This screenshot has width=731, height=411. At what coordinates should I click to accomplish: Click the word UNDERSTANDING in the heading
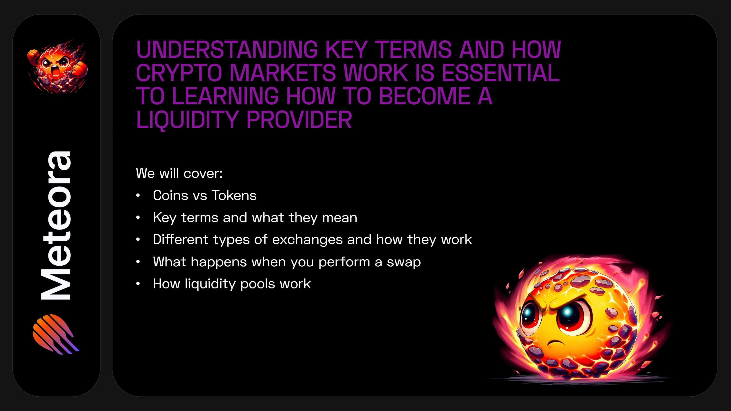click(227, 50)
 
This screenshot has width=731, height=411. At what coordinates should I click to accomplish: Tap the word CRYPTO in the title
click(179, 73)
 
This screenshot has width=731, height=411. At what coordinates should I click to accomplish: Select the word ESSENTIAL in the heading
click(501, 73)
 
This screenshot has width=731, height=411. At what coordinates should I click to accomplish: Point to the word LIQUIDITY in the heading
click(187, 120)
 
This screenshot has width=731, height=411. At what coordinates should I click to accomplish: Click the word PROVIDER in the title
click(299, 120)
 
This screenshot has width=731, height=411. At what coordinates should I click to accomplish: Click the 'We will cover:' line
click(179, 173)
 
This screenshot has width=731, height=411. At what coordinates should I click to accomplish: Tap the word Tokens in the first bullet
click(234, 195)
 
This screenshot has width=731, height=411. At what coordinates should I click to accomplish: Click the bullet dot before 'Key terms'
click(138, 218)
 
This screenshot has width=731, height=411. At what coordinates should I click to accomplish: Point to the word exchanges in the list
click(307, 240)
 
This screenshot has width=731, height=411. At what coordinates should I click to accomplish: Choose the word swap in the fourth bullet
click(404, 262)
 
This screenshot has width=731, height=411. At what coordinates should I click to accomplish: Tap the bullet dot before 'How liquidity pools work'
click(138, 284)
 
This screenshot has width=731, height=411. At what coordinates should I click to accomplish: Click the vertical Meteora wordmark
click(56, 225)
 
